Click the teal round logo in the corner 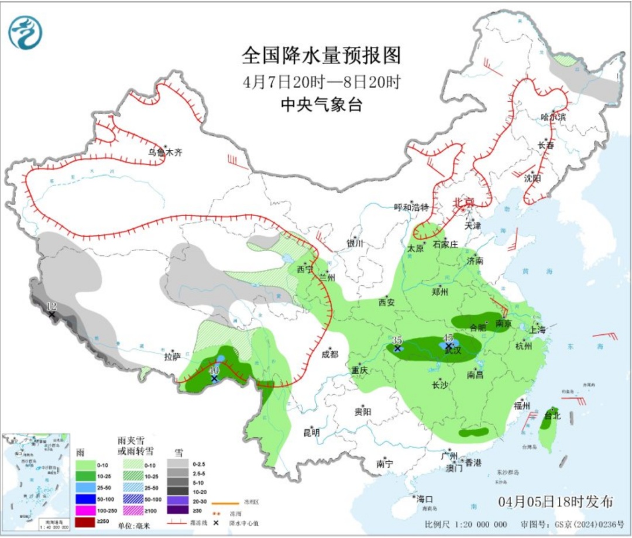click(x=25, y=32)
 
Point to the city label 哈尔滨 click(x=554, y=116)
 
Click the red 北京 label click(x=463, y=203)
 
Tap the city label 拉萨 click(x=172, y=355)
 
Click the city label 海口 click(x=424, y=499)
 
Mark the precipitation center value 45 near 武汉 click(x=448, y=338)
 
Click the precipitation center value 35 click(x=397, y=340)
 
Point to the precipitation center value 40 click(x=214, y=371)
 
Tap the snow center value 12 click(x=51, y=306)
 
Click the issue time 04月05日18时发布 click(x=556, y=502)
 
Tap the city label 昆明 click(x=311, y=433)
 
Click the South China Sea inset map click(x=36, y=481)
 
